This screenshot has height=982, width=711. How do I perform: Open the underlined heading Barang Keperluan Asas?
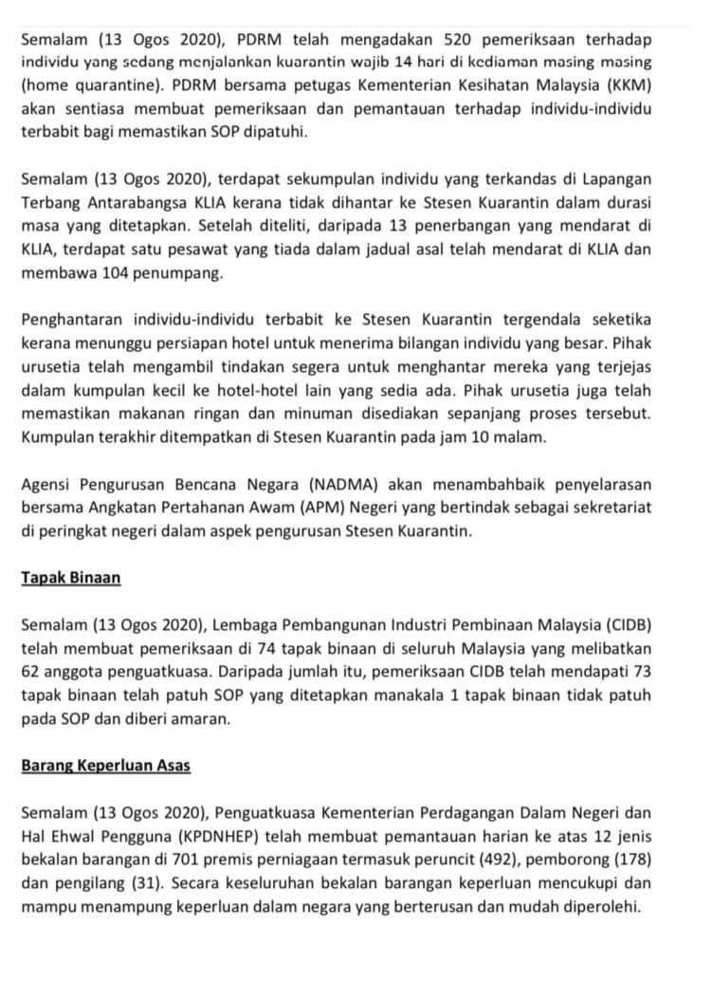(x=105, y=764)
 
